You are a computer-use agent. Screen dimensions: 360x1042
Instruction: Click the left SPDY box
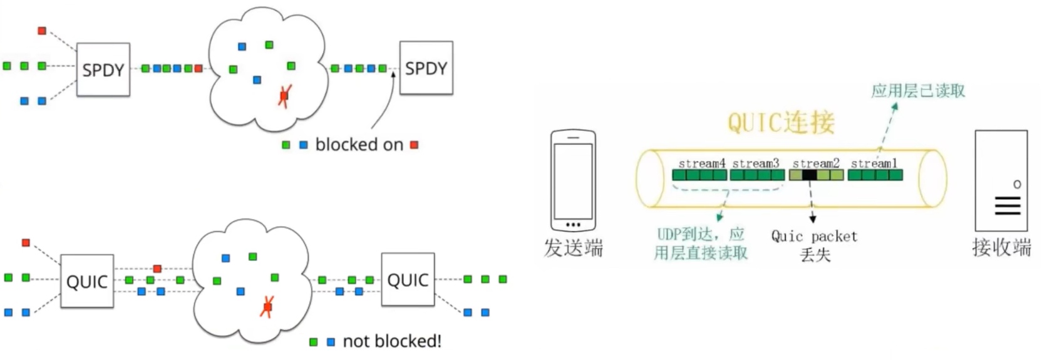[103, 69]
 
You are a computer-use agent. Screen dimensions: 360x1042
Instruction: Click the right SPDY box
[426, 68]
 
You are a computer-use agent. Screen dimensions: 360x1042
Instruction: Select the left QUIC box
[87, 281]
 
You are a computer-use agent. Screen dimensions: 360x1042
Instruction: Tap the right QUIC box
[408, 279]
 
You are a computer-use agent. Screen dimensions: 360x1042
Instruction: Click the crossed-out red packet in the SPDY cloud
[284, 96]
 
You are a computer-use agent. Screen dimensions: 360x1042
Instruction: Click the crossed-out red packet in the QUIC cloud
[267, 307]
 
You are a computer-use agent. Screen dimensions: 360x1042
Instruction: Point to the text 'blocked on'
[359, 145]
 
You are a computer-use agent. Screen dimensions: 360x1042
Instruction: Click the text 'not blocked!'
[392, 341]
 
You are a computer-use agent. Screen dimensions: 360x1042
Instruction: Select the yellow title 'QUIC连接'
[781, 123]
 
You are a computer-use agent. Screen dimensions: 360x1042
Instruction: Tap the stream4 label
[701, 163]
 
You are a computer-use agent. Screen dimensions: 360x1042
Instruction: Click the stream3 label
[756, 163]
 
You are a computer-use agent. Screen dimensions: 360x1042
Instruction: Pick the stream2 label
[816, 163]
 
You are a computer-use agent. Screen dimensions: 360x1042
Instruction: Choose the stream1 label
[874, 163]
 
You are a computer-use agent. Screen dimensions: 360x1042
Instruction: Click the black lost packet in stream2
[809, 175]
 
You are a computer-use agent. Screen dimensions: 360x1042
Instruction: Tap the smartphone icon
[573, 180]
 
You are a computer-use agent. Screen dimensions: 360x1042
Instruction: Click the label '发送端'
[573, 248]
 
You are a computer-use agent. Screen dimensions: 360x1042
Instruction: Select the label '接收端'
[1001, 247]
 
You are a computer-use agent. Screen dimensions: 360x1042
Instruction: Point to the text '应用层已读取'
[918, 91]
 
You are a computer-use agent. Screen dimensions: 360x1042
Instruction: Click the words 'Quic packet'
[814, 237]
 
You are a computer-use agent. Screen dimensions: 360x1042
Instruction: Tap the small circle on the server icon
[1017, 184]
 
